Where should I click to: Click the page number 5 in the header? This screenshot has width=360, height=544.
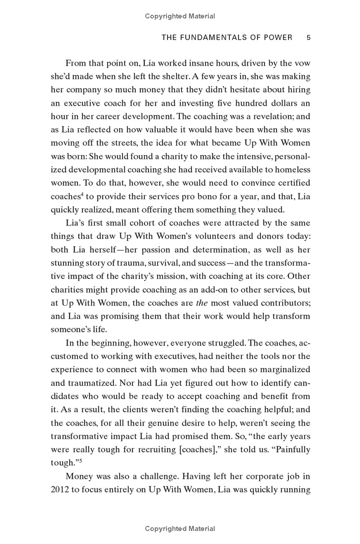point(308,38)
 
